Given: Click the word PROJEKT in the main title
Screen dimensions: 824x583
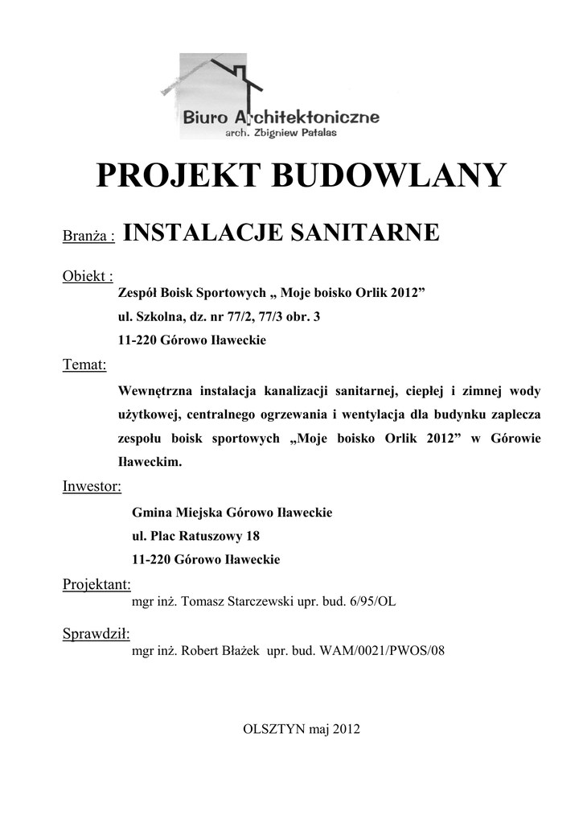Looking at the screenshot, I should (179, 175).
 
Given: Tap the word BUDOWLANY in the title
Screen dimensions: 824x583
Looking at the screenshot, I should (391, 175).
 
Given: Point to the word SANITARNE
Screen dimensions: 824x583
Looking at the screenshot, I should (369, 233).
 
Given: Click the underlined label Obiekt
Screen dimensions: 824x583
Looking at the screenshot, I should (87, 277).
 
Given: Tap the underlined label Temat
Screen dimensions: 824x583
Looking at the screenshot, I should (85, 365).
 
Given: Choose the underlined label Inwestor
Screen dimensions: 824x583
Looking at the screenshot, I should (92, 486).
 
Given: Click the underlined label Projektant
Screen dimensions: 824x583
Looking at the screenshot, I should (96, 584).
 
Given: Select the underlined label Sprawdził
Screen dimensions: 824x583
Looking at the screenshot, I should (96, 634).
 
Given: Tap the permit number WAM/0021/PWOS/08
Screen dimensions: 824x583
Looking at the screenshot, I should (383, 651).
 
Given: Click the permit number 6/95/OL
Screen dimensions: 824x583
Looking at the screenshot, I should (374, 601).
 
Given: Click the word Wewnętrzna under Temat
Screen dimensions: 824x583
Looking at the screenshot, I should (159, 391).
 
